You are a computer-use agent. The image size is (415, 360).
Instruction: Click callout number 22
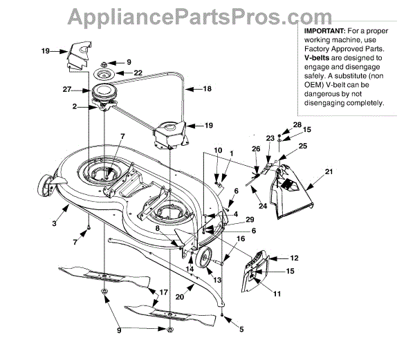138,73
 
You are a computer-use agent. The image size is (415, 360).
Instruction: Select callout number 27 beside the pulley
67,89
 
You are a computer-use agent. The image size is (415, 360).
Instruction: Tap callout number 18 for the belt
207,89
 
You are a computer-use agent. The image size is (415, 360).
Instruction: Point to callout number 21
329,171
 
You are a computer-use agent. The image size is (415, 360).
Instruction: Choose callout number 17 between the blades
163,292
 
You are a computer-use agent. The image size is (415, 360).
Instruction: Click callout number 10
217,150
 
